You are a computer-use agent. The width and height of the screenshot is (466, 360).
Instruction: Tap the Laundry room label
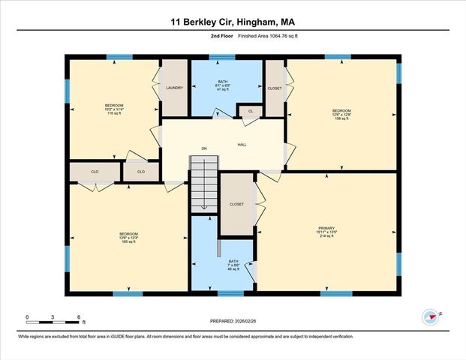point(175,88)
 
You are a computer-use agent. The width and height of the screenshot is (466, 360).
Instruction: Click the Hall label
point(242,145)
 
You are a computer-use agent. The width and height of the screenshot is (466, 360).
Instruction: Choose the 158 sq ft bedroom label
point(341,115)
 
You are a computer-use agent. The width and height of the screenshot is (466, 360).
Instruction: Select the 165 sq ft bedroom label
point(128,238)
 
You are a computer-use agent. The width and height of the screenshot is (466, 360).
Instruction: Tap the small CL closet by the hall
point(251,112)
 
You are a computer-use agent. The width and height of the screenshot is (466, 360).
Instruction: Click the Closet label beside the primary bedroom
point(236,204)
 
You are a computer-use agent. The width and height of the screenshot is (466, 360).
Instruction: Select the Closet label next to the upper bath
point(275,87)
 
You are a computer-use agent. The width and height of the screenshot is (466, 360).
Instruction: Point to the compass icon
point(430,317)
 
